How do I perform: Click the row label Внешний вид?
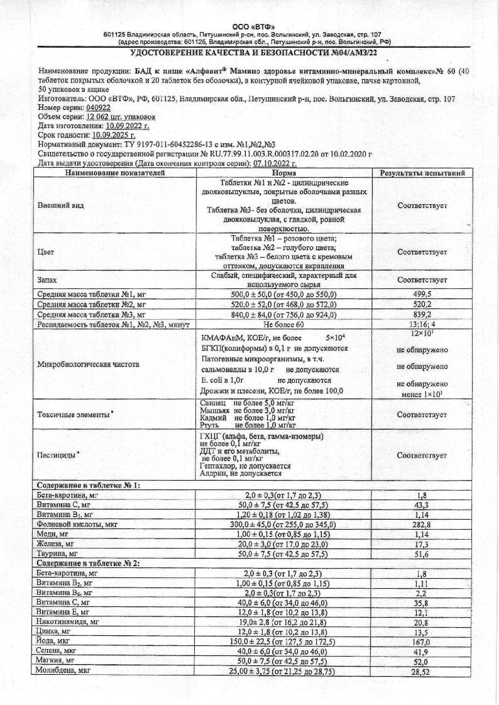click(x=60, y=205)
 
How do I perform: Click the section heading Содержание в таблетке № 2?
click(x=88, y=563)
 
